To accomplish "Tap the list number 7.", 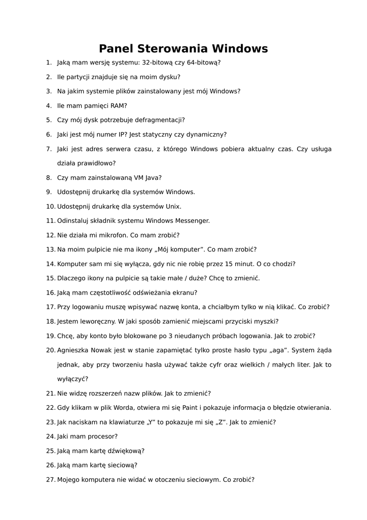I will click(49, 149).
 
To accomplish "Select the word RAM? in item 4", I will click(119, 106).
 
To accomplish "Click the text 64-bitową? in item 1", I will click(203, 62).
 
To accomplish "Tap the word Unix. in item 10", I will click(173, 207).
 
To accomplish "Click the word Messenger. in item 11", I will click(192, 221).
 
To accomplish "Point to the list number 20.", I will click(50, 350).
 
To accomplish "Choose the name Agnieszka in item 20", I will click(75, 350).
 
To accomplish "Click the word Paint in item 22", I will click(192, 407).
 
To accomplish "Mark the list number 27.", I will click(50, 479).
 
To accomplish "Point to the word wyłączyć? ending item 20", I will click(72, 379).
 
